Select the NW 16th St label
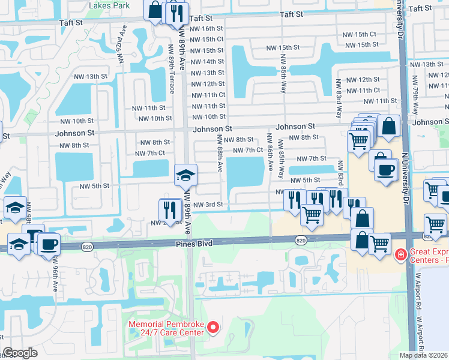207,28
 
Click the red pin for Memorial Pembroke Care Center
211,327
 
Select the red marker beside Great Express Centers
400,256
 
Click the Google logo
20,353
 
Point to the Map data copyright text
424,355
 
